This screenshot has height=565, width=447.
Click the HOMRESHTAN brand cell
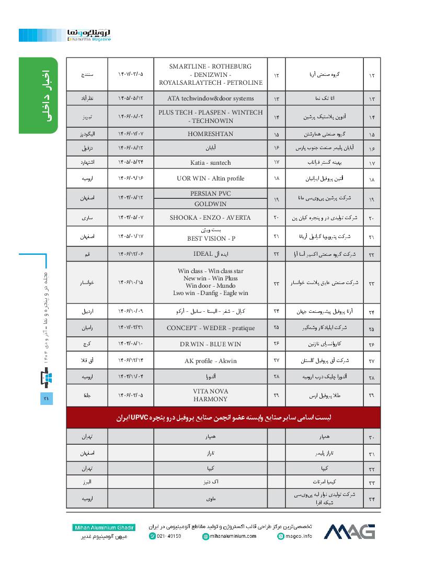pos(210,134)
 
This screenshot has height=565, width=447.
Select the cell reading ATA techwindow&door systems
pos(210,98)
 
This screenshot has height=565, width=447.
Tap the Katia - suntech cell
pos(210,163)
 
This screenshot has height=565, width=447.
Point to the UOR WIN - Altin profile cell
pos(210,178)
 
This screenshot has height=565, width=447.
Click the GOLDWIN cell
pos(210,204)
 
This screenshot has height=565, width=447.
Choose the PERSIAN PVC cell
pos(210,194)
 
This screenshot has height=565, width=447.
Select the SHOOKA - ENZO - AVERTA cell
pos(210,218)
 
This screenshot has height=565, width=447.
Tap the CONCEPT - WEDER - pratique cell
pos(210,328)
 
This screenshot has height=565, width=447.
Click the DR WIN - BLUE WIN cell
pos(210,344)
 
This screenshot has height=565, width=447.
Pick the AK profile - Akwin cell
pos(210,361)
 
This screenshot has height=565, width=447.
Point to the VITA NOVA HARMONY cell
pos(210,395)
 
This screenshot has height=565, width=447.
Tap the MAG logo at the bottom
pos(350,531)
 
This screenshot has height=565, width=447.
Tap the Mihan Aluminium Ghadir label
pos(104,527)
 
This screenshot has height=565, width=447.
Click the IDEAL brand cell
pos(210,254)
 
